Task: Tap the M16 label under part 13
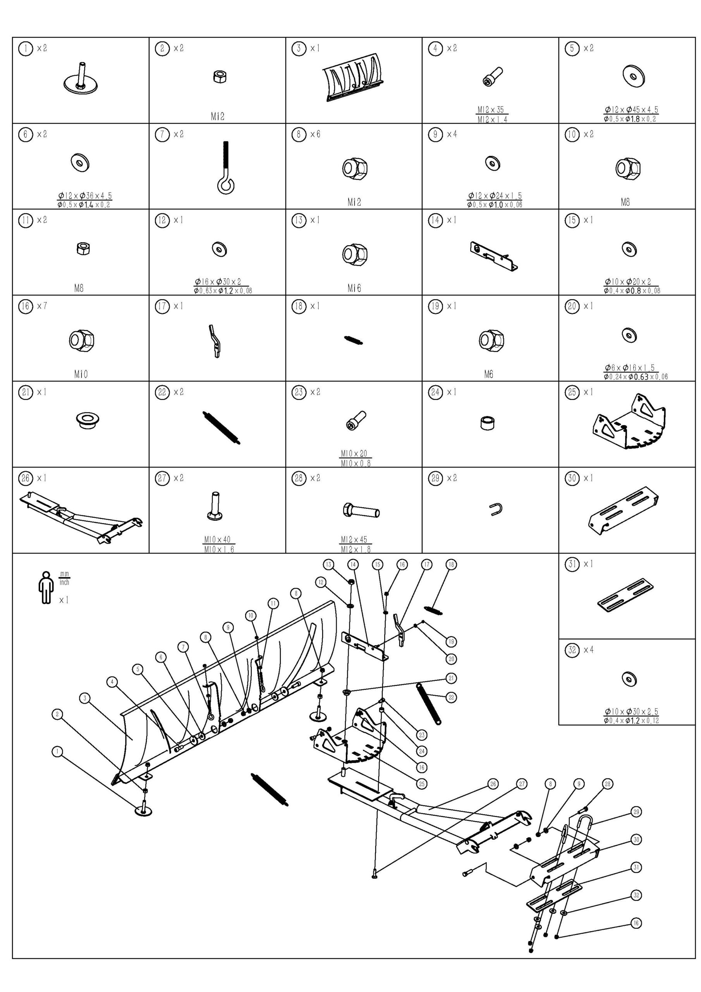(354, 288)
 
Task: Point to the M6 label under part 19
(488, 374)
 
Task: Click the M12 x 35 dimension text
(491, 110)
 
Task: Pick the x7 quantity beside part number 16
(42, 306)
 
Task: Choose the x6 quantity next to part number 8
(315, 134)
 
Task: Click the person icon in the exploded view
(45, 587)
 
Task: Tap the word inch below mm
(64, 582)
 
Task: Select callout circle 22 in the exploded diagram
(451, 697)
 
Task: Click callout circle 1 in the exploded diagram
(57, 752)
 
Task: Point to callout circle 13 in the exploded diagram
(329, 564)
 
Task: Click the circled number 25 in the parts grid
(572, 392)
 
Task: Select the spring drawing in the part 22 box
(221, 427)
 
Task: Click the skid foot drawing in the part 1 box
(80, 77)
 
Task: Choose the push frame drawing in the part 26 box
(81, 515)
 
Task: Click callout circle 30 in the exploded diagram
(636, 839)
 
